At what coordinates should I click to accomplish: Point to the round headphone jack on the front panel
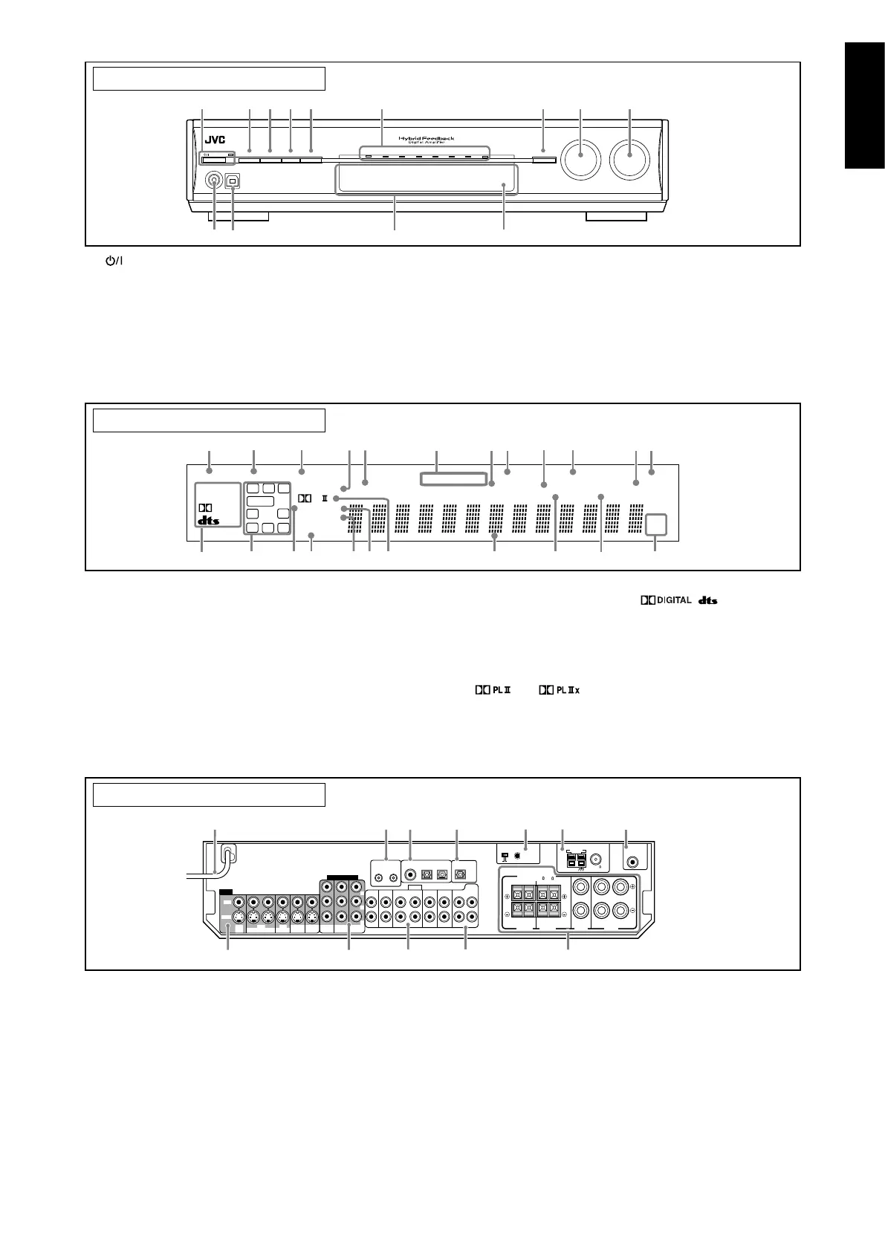pyautogui.click(x=215, y=180)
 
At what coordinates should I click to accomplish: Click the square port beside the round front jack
pyautogui.click(x=233, y=180)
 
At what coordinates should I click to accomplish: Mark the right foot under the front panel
pyautogui.click(x=616, y=217)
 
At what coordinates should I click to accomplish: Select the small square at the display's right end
pyautogui.click(x=655, y=524)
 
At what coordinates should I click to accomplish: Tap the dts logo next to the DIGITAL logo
pyautogui.click(x=707, y=600)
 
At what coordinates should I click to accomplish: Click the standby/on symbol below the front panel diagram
pyautogui.click(x=112, y=261)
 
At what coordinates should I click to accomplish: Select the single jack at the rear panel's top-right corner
pyautogui.click(x=632, y=862)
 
